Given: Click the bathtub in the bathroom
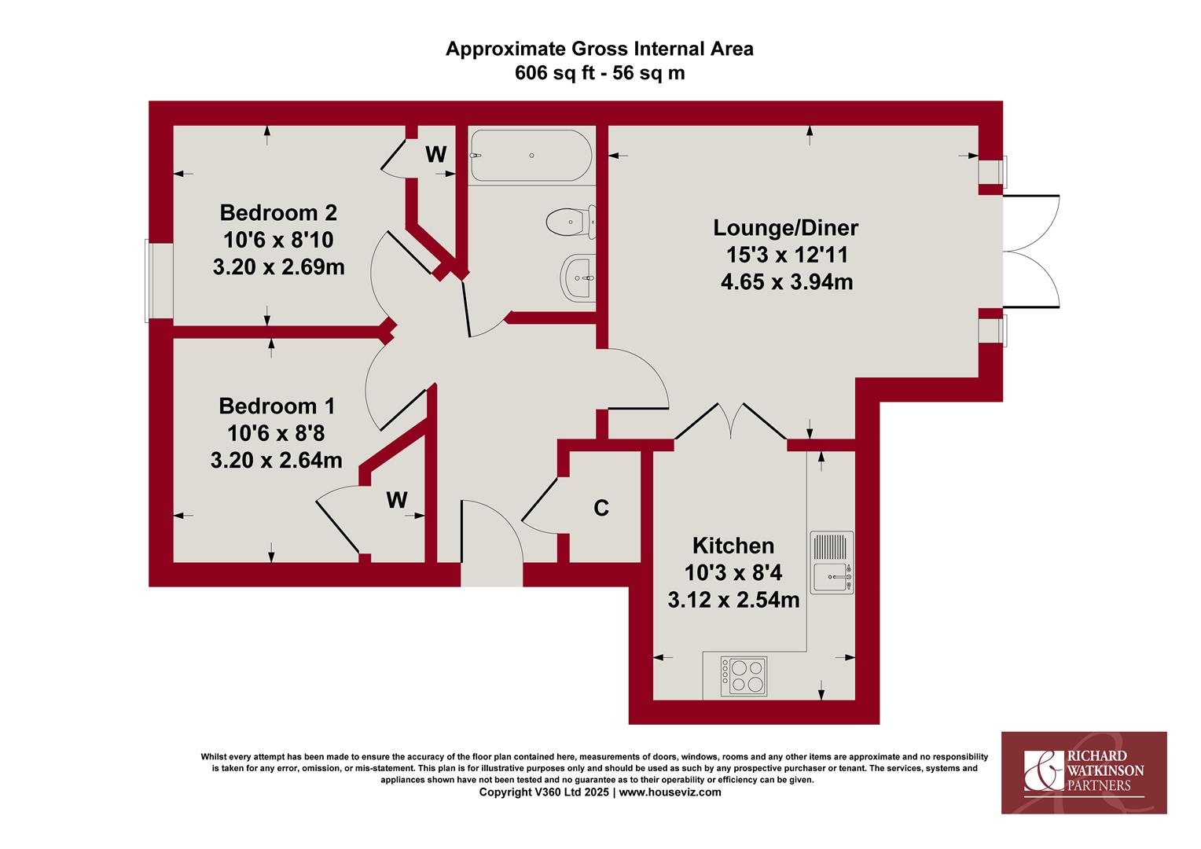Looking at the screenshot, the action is (x=531, y=156).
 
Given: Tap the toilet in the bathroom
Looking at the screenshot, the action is (x=571, y=222).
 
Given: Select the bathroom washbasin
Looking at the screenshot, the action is (x=578, y=277).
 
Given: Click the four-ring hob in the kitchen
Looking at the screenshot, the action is (x=744, y=676).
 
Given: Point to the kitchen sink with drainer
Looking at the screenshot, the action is (x=832, y=563).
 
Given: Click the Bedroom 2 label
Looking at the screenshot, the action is (x=278, y=213).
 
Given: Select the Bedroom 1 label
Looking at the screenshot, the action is (x=277, y=406).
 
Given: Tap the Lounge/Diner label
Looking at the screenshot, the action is (x=785, y=228).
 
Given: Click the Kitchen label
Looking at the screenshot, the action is (x=733, y=546).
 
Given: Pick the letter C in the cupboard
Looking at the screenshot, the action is (x=601, y=508).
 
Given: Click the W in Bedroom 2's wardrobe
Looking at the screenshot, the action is (x=436, y=154).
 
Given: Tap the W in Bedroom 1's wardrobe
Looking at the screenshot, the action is (x=397, y=500).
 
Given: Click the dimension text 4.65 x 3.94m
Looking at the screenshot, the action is (x=787, y=282).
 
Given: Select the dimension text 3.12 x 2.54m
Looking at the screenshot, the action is (x=733, y=600).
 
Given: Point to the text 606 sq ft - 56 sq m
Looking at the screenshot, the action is (x=600, y=73).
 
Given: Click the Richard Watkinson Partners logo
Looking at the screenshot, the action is (x=1084, y=773).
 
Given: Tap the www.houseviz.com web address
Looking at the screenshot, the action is (x=670, y=792).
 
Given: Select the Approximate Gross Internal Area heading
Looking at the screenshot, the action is (x=600, y=49).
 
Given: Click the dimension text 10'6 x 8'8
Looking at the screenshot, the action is (x=276, y=433).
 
